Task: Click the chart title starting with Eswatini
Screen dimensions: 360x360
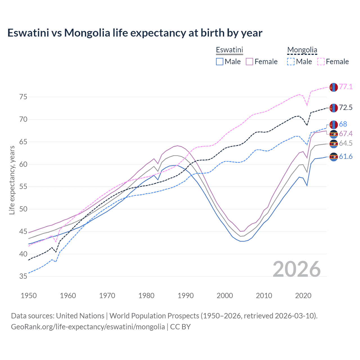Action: pos(135,33)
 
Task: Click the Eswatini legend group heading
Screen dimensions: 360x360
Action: pos(229,50)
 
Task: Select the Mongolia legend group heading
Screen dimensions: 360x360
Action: pos(302,50)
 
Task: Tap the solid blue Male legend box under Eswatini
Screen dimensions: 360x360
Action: pos(220,62)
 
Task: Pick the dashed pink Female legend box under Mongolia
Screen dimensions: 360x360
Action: pos(321,62)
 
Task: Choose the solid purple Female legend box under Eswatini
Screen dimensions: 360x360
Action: pos(249,62)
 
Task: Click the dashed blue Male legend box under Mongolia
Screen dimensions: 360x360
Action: pos(291,62)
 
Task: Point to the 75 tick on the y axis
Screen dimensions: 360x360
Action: pos(23,97)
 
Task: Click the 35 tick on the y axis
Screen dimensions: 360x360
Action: pos(23,276)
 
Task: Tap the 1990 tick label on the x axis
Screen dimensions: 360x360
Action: pos(186,296)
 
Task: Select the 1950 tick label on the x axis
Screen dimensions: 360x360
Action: pos(29,296)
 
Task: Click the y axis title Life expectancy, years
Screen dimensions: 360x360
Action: pos(12,180)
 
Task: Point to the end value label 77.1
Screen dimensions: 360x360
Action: pos(346,87)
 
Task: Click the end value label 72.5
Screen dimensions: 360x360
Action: pos(346,107)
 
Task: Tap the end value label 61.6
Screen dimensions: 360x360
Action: pos(346,157)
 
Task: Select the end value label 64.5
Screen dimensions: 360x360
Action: pos(346,143)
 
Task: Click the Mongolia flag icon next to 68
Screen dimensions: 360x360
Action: pos(334,125)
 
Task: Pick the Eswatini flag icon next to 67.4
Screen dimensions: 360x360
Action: pos(334,134)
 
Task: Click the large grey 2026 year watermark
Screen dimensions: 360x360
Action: pos(297,269)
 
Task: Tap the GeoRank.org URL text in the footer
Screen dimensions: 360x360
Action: pos(88,327)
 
